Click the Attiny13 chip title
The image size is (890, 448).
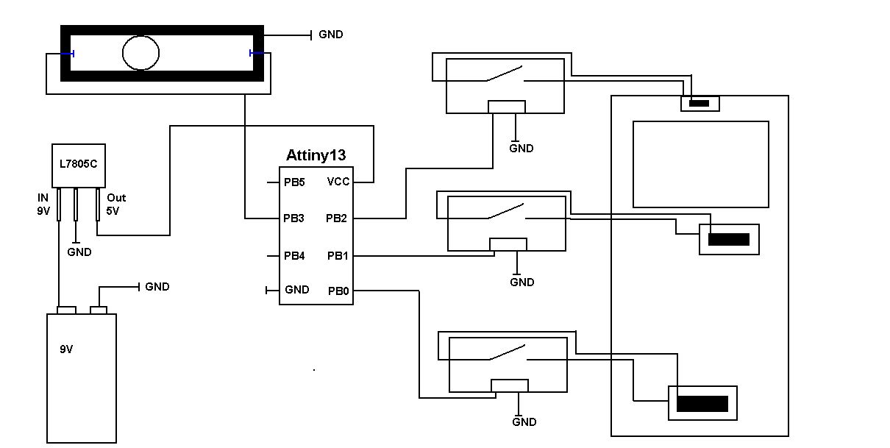[x=316, y=155]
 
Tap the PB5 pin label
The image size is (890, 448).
[x=293, y=182]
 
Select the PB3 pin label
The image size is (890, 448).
[x=293, y=218]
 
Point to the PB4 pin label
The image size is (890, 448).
[x=293, y=256]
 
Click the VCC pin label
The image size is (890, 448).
[x=338, y=182]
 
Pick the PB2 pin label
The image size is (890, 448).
[x=337, y=218]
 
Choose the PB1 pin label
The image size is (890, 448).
[x=338, y=256]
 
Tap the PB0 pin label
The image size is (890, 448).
[x=339, y=291]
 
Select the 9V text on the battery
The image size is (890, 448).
[x=66, y=349]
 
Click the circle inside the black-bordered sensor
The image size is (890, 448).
[x=140, y=52]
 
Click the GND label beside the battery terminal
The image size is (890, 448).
[x=157, y=287]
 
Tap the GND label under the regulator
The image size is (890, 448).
[x=79, y=252]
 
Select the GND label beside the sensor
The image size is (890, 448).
[x=330, y=35]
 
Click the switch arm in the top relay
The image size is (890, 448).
[x=505, y=74]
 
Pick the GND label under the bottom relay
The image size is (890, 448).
[x=524, y=422]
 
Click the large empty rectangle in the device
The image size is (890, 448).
[x=700, y=164]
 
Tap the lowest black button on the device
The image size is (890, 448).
[x=702, y=403]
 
